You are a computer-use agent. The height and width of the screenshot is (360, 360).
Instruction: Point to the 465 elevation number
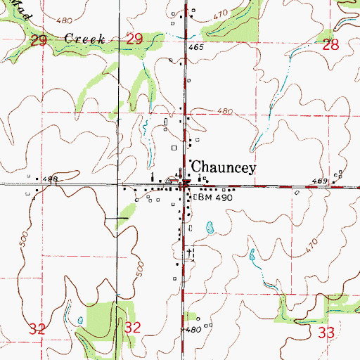(x=196, y=47)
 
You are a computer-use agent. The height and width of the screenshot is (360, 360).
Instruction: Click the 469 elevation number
(x=321, y=181)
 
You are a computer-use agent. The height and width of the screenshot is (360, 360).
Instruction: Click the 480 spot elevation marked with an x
(x=193, y=329)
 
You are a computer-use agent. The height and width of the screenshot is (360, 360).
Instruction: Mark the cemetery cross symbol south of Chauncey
(x=188, y=250)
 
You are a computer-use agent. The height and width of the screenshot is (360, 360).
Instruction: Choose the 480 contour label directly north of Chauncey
(x=224, y=112)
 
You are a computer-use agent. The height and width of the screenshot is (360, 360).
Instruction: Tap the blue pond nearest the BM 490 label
(x=210, y=228)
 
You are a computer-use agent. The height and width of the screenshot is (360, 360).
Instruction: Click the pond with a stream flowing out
(x=253, y=255)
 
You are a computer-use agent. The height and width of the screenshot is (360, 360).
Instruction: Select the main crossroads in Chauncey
(x=185, y=186)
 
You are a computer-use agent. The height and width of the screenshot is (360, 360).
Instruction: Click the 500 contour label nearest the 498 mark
(x=26, y=238)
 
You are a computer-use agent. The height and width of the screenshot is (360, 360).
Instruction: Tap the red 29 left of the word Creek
(x=39, y=42)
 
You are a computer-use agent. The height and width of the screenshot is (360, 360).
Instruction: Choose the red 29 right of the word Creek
(x=134, y=42)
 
